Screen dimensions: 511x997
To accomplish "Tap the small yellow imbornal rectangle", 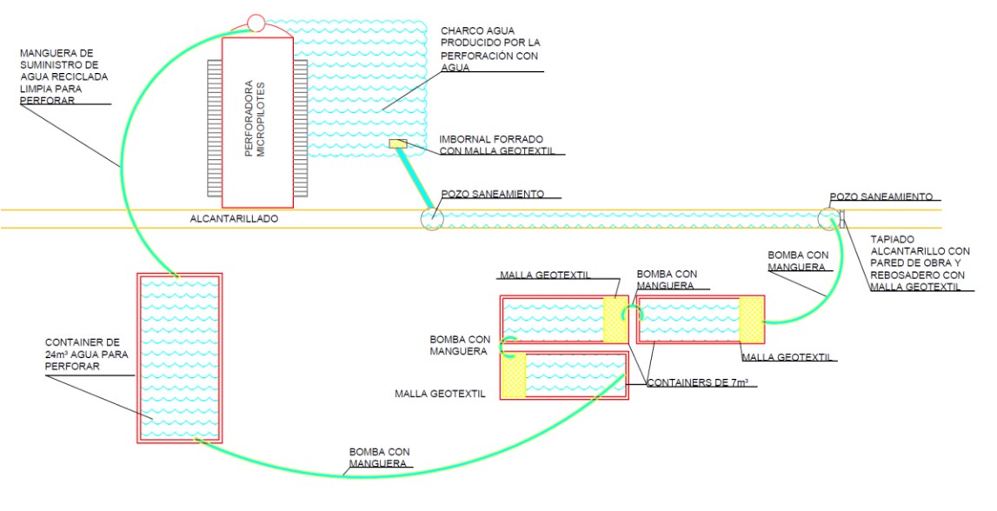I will [397, 144].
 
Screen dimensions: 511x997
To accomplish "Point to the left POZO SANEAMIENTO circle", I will [432, 217].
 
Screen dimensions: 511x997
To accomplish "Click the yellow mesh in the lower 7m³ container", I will [513, 375].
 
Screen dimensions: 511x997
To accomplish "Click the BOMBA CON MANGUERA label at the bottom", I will [379, 458].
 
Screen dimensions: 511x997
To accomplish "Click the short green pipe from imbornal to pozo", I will [415, 180].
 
